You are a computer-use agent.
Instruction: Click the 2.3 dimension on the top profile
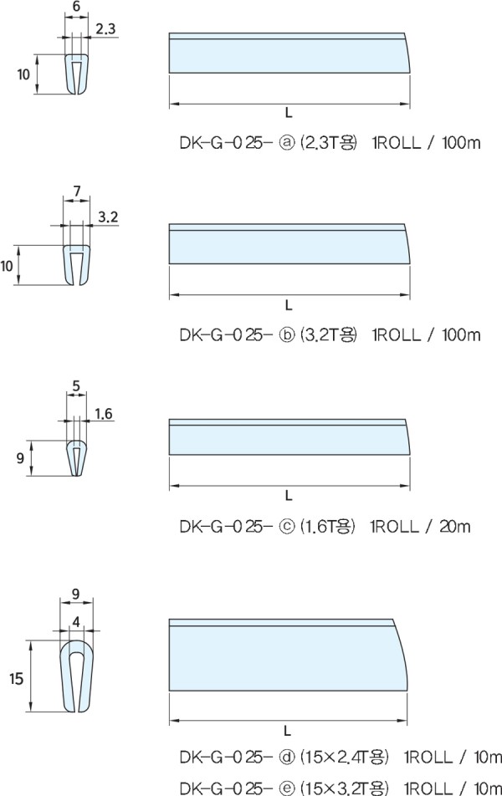[x=105, y=29]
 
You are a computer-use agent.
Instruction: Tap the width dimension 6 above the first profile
[x=76, y=7]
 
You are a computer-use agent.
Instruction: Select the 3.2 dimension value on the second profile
[x=108, y=217]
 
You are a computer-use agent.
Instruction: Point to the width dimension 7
[x=77, y=191]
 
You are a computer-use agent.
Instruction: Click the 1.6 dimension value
[x=103, y=414]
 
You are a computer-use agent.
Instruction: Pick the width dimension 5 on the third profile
[x=76, y=386]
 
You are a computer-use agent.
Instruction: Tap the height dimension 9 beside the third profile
[x=20, y=458]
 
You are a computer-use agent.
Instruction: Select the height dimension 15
[x=16, y=678]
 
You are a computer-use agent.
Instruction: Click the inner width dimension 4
[x=76, y=621]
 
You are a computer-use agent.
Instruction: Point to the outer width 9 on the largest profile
[x=75, y=594]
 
